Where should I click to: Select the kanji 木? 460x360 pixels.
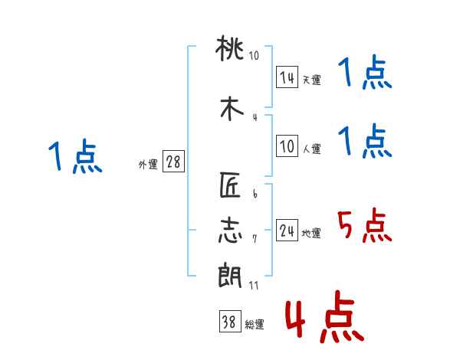coord(231,107)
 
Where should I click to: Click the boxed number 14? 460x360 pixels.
coord(287,77)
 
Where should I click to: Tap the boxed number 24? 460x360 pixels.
coord(287,231)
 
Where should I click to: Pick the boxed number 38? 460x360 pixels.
coord(228,323)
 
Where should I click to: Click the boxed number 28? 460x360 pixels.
coord(173,162)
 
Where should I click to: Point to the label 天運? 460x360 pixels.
coord(311,80)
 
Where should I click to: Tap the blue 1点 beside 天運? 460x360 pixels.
coord(366,74)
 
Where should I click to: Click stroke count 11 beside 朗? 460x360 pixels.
coord(254,286)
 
